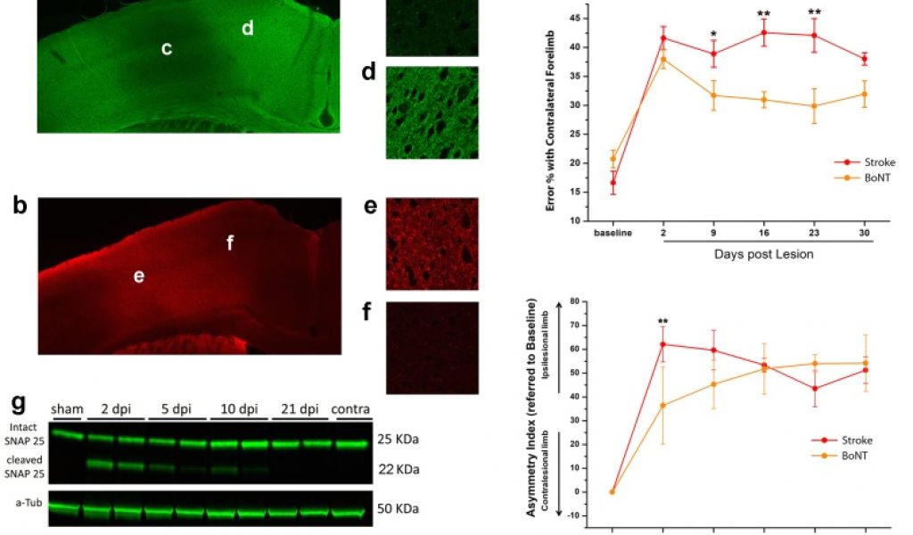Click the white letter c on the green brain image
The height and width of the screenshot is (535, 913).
[x=167, y=49]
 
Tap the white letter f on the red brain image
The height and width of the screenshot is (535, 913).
[x=229, y=242]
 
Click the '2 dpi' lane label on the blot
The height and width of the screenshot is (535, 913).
[x=116, y=408]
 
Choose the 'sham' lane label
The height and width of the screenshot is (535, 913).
[x=66, y=408]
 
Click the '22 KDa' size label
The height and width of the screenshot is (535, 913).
[x=398, y=469]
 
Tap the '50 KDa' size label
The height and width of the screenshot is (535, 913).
[x=398, y=509]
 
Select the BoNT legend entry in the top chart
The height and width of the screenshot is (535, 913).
[x=860, y=177]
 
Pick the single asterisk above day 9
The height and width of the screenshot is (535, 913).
[x=713, y=35]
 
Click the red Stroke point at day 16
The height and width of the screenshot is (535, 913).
[x=764, y=33]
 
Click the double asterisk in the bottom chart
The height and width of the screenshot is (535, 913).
[x=662, y=322]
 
